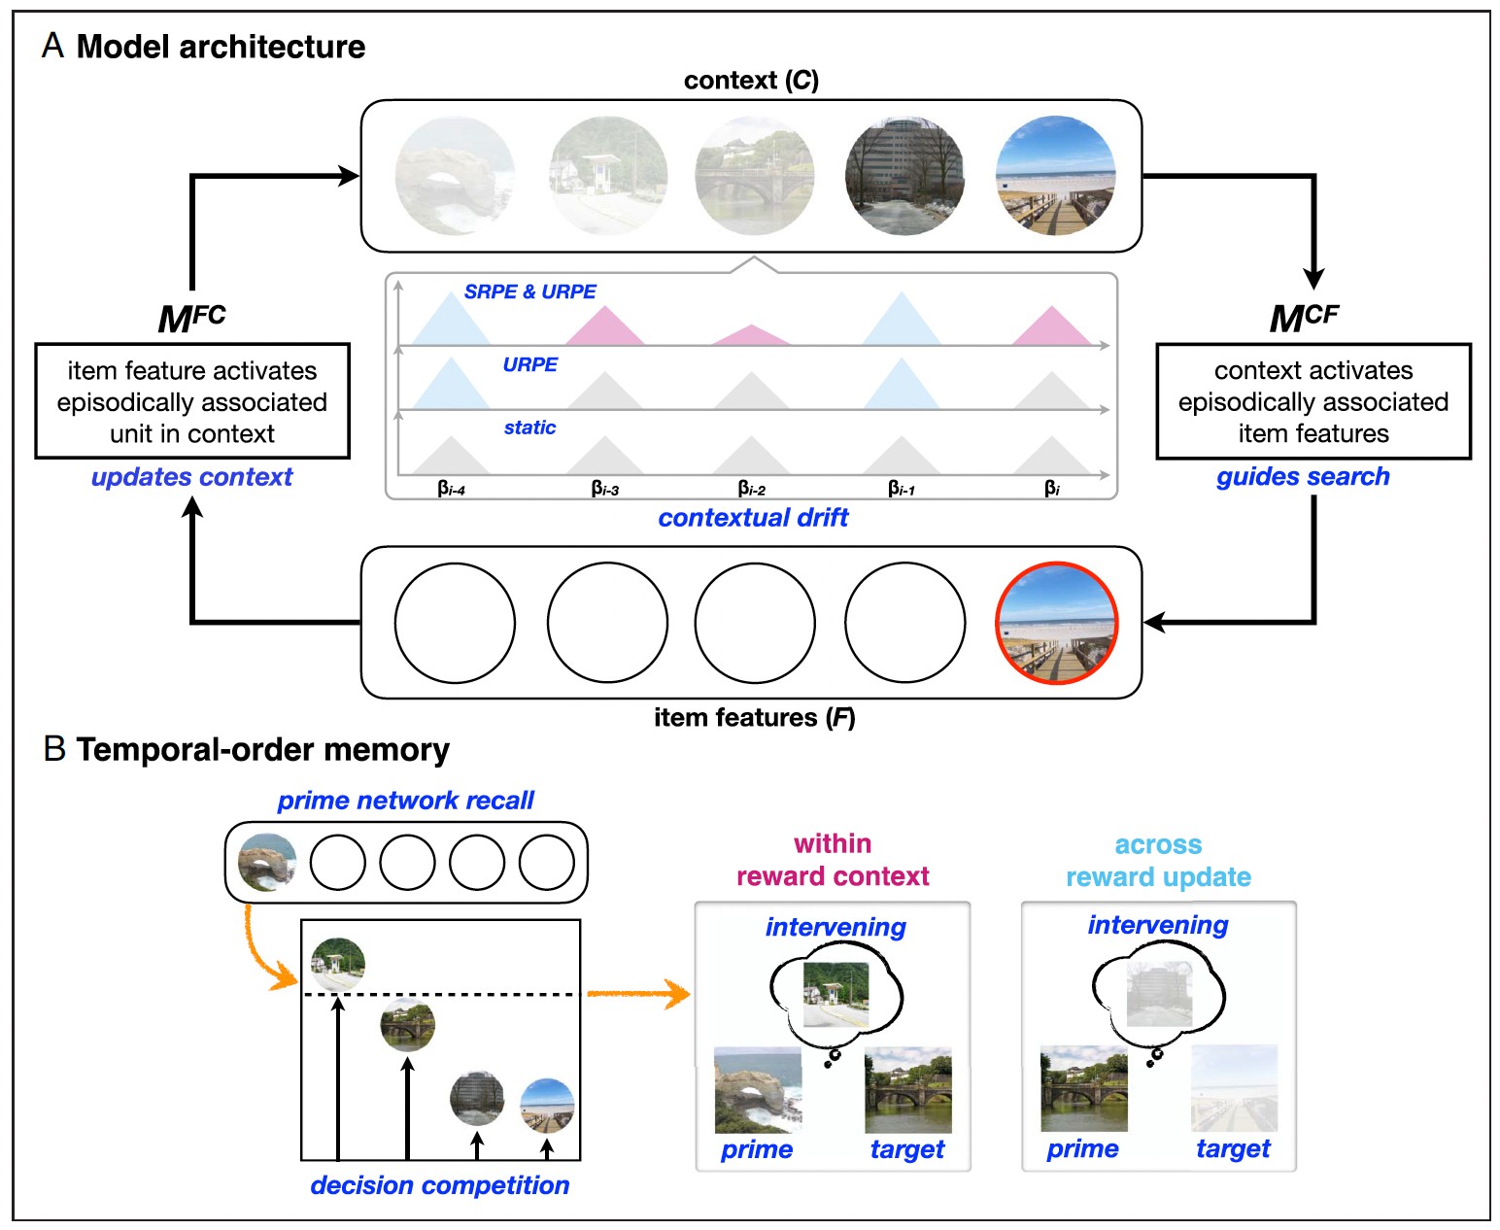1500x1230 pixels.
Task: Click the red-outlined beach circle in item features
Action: pos(1056,623)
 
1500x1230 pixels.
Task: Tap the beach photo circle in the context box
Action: pos(1056,176)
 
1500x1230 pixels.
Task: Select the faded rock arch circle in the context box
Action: pos(455,176)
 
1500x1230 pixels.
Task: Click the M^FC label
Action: pos(191,318)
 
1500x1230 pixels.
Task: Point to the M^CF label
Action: pos(1304,318)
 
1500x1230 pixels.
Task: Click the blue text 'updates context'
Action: pos(191,477)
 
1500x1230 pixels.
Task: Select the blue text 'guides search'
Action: pos(1303,477)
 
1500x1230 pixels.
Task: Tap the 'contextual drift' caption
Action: pos(753,518)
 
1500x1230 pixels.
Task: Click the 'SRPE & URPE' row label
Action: pos(529,291)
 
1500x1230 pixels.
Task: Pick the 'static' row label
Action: pos(529,427)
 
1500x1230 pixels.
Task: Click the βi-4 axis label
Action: pos(452,488)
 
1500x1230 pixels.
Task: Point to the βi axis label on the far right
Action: pos(1052,488)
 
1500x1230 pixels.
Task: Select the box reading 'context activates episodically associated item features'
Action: pos(1313,401)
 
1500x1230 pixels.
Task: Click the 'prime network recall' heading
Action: pos(405,801)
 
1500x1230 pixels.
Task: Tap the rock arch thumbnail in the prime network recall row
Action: pos(267,862)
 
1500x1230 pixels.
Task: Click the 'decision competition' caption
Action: pos(439,1185)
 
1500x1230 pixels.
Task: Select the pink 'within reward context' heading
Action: pos(833,860)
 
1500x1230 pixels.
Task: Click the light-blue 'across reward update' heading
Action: pos(1158,861)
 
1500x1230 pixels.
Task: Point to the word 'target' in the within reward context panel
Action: pos(906,1149)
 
